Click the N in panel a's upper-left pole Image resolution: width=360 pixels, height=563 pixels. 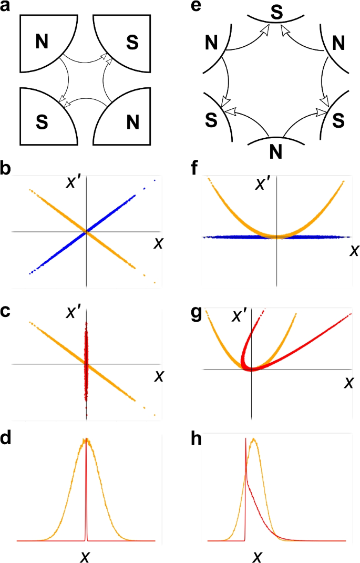(44, 41)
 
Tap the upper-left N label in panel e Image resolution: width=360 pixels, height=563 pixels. (212, 40)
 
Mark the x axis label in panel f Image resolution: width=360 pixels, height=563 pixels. (354, 251)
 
